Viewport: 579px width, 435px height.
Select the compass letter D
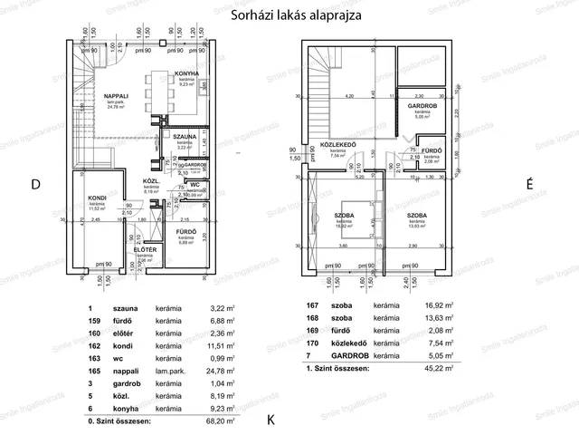36,185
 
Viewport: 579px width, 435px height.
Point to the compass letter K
271,421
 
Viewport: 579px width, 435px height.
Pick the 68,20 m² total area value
219,421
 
